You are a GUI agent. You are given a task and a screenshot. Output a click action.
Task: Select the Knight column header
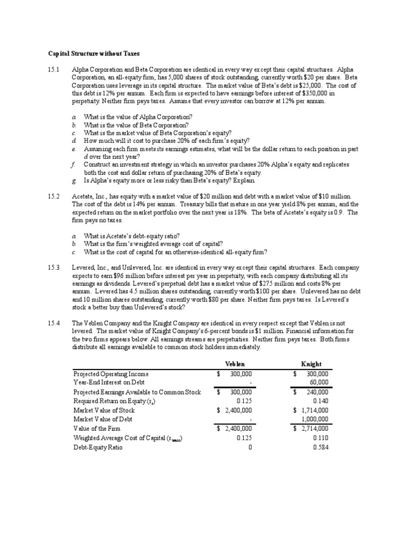click(311, 364)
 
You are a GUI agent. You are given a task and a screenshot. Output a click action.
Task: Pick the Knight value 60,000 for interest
click(317, 382)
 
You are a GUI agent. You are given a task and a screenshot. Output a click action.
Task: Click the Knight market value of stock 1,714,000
click(314, 410)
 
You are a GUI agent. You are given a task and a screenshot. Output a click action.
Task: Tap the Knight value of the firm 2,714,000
click(314, 429)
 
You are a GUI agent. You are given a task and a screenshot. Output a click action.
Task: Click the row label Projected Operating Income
click(111, 374)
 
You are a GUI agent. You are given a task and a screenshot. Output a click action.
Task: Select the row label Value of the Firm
click(96, 429)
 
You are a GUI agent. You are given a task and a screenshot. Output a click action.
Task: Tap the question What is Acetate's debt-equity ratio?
click(133, 235)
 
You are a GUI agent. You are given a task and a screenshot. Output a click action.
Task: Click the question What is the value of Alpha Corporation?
click(138, 116)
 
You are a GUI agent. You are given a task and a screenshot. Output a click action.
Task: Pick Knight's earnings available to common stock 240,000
click(317, 392)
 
